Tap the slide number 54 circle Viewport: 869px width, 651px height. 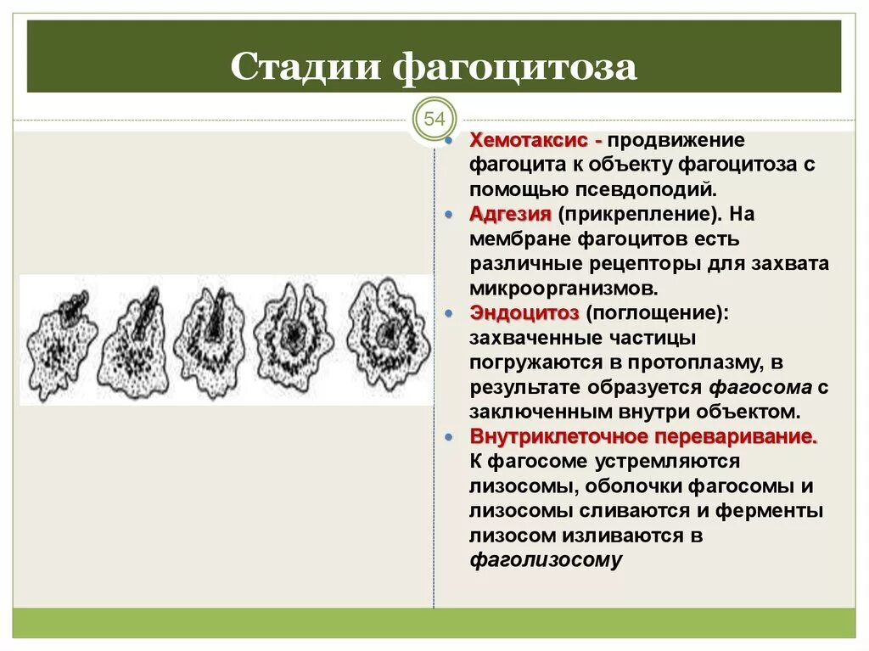click(434, 118)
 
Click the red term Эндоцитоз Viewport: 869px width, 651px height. click(524, 313)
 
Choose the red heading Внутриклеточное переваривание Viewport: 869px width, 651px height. click(643, 437)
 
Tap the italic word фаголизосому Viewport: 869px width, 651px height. click(546, 560)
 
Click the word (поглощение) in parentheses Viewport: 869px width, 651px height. click(656, 313)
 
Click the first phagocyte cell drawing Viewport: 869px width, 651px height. click(59, 340)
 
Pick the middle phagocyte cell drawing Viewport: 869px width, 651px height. click(215, 340)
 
